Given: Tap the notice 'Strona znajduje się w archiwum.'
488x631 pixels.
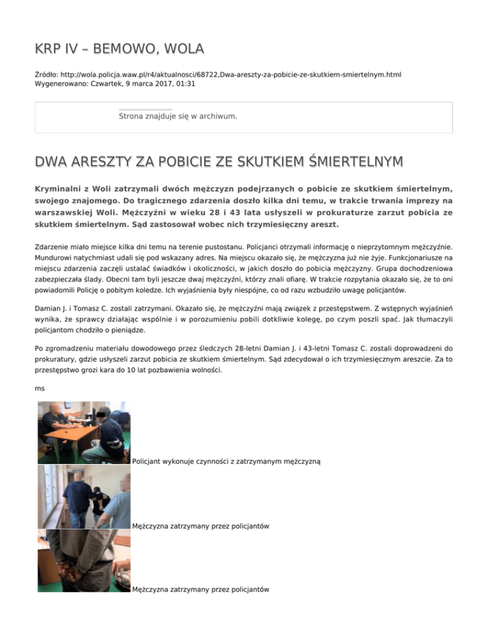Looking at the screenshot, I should click(178, 116).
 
